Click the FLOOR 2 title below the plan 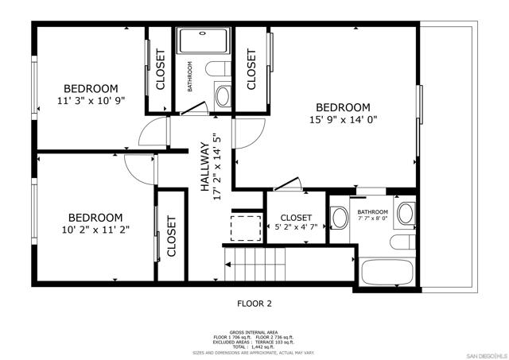click(254, 303)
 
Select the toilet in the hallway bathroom click(222, 70)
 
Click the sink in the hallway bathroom click(222, 97)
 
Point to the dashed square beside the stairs click(245, 227)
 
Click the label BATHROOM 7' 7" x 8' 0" click(372, 215)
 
